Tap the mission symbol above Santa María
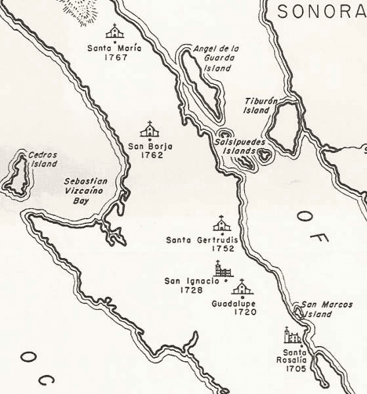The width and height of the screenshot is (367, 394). pyautogui.click(x=115, y=32)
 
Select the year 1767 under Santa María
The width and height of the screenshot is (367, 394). pyautogui.click(x=115, y=57)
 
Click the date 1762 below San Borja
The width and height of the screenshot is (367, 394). pyautogui.click(x=152, y=156)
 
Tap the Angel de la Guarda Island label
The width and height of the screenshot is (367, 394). pyautogui.click(x=217, y=58)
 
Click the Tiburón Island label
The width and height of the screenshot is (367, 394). pyautogui.click(x=257, y=106)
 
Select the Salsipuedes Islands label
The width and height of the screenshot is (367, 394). pyautogui.click(x=234, y=146)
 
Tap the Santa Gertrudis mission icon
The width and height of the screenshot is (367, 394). pyautogui.click(x=222, y=223)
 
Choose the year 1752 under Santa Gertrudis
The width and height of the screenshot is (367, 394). pyautogui.click(x=224, y=250)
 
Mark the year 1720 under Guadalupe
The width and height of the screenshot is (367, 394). pyautogui.click(x=244, y=312)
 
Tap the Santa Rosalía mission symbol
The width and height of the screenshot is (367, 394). pyautogui.click(x=292, y=336)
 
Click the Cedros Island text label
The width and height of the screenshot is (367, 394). pyautogui.click(x=43, y=159)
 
